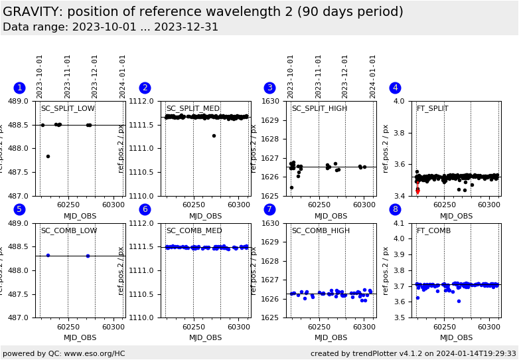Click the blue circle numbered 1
19,88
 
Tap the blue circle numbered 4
395,88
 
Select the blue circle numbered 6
145,210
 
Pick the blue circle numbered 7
269,210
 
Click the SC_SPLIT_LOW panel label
68,109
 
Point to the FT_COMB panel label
433,231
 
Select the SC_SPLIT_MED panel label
192,109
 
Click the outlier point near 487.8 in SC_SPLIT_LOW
48,156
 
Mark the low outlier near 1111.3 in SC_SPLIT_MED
214,135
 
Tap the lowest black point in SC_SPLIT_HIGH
291,187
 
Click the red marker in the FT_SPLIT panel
417,191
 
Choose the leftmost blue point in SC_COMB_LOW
48,255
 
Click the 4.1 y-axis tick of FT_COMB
400,224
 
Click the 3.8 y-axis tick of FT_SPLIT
400,133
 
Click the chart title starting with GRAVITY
202,12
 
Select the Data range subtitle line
110,27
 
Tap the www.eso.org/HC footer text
64,354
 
